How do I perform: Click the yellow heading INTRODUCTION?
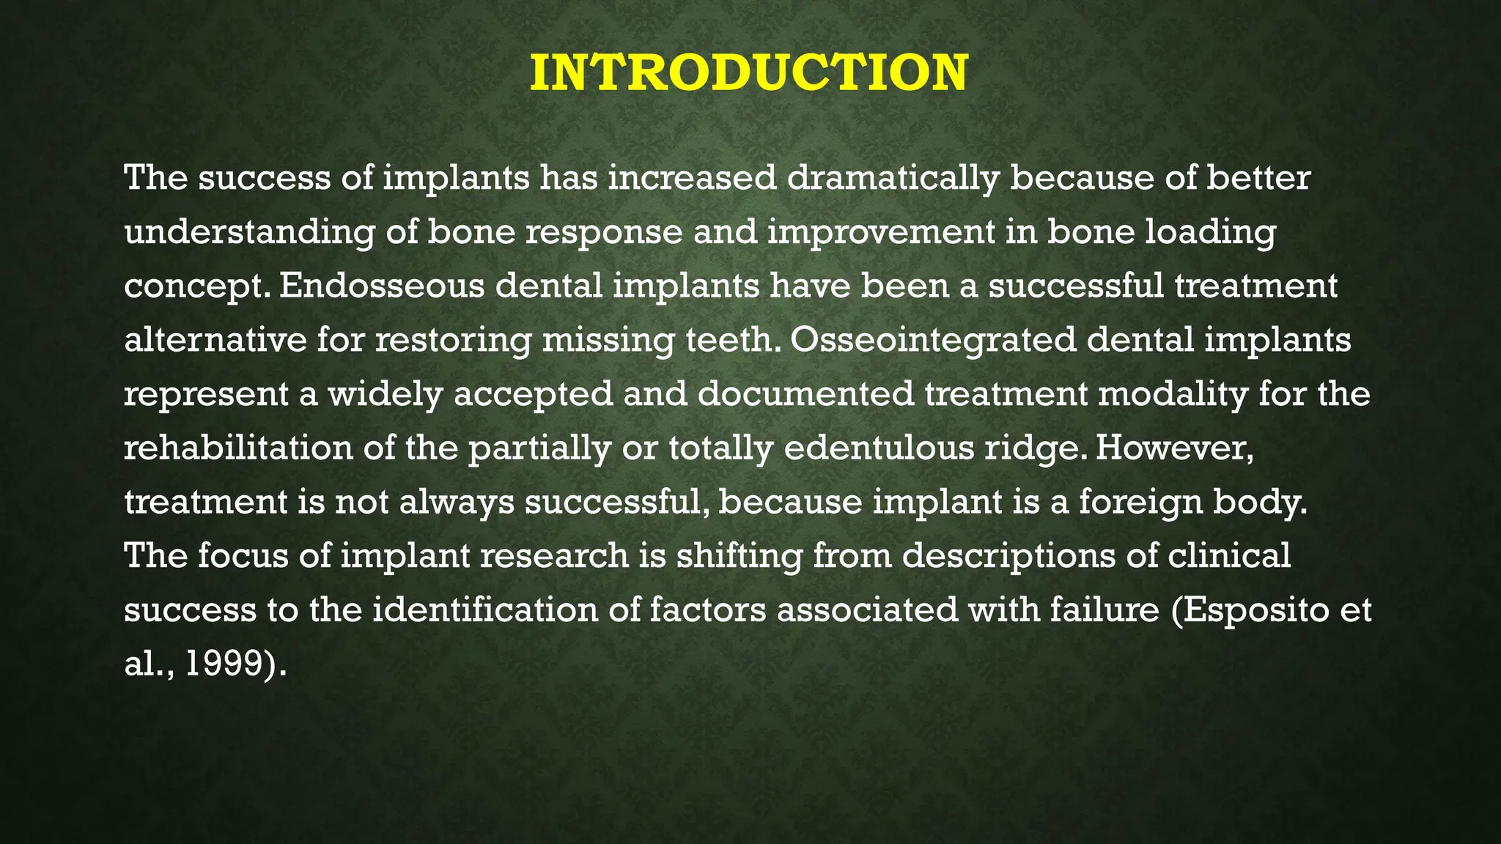click(749, 73)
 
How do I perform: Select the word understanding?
click(249, 233)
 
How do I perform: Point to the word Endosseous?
click(381, 286)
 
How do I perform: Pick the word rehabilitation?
click(238, 448)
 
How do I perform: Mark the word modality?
click(1173, 394)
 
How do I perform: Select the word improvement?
click(882, 232)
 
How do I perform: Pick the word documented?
click(805, 394)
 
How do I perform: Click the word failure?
click(1104, 610)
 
